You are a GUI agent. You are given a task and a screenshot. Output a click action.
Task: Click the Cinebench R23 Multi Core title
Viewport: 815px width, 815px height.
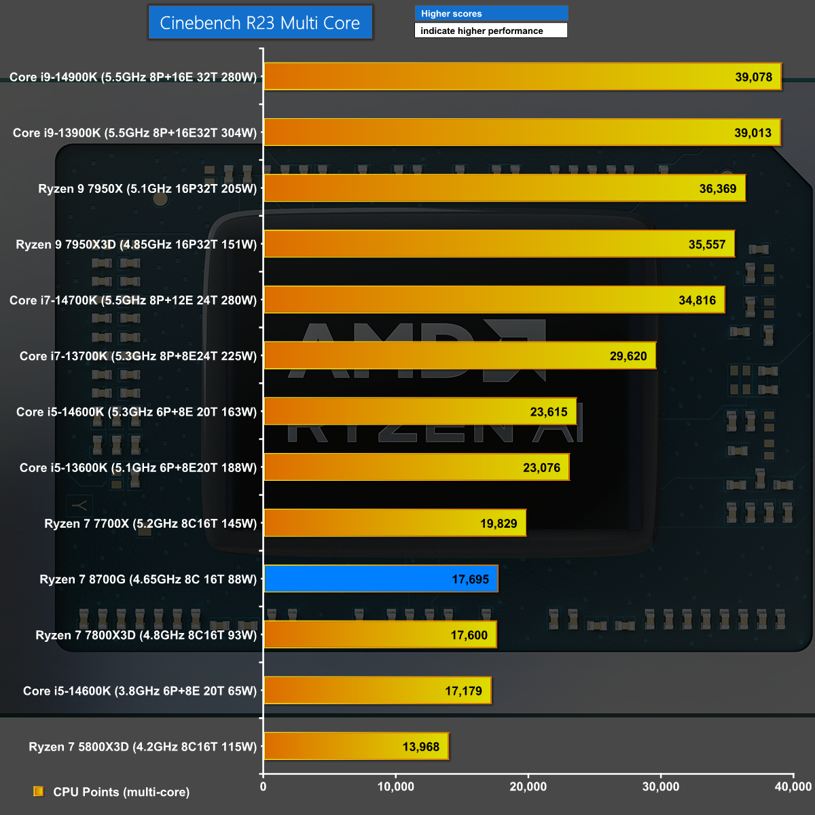260,23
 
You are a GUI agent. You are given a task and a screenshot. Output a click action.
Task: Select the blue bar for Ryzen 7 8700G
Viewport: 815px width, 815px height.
380,579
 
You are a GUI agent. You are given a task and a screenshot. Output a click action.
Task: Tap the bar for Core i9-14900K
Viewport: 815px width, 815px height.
522,77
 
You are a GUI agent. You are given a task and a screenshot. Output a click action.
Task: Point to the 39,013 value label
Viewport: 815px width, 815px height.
753,133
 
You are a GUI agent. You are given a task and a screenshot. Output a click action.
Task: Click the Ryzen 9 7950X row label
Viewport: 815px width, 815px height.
147,189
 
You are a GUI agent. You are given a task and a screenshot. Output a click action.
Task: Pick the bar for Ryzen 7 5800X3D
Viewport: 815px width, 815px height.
356,746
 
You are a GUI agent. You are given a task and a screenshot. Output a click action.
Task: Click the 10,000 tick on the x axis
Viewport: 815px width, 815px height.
395,786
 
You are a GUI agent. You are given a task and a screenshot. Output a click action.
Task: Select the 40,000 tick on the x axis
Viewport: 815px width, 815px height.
793,786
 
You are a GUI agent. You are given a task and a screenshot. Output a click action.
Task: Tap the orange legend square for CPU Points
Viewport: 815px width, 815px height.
39,791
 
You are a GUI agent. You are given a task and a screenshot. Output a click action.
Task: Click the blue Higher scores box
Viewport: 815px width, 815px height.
491,14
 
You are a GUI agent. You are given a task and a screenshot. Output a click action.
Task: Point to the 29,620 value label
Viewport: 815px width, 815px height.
628,357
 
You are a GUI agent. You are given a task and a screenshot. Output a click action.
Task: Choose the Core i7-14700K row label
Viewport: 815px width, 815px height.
133,300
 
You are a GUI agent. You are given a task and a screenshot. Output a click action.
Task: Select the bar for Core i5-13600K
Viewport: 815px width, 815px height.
416,467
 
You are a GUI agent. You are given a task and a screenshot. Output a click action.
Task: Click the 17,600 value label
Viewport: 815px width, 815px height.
469,636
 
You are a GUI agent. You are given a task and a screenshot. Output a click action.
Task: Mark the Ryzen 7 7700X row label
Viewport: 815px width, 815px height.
151,524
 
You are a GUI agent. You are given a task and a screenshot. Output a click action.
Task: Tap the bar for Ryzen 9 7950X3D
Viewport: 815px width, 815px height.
499,244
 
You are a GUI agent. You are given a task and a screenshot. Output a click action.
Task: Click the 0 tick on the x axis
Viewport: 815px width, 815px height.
264,786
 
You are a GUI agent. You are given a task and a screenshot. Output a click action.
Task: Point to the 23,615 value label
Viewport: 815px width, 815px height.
549,412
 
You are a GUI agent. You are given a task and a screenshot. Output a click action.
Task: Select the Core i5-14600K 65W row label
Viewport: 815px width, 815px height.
140,691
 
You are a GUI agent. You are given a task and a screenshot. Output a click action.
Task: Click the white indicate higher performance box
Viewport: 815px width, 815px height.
491,31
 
